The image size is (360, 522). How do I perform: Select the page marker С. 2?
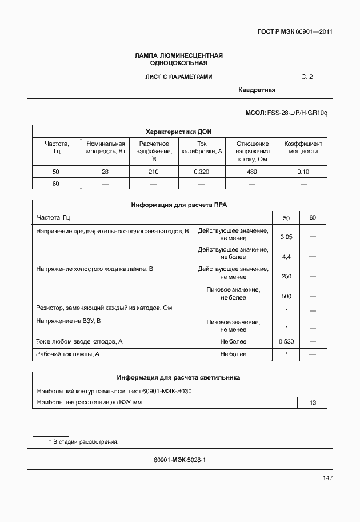(307, 77)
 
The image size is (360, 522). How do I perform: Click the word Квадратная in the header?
(257, 90)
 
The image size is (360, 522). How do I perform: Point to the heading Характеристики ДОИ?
(179, 131)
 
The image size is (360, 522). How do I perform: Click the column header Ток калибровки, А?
(202, 148)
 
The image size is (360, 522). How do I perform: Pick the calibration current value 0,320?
(202, 172)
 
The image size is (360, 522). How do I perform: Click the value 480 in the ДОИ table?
(252, 172)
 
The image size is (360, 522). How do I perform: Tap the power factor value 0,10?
(303, 172)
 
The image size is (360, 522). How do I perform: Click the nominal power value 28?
(105, 172)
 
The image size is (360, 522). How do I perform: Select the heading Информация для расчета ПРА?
(179, 205)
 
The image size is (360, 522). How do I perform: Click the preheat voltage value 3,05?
(286, 237)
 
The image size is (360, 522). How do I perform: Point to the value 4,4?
(286, 257)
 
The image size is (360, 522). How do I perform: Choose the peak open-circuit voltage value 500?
(286, 296)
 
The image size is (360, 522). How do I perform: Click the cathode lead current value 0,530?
(286, 341)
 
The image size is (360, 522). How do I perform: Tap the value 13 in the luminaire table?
(313, 403)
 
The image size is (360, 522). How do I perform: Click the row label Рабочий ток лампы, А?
(68, 354)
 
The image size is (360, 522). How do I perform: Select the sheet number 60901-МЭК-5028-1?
(179, 460)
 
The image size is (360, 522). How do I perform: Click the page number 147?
(327, 478)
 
